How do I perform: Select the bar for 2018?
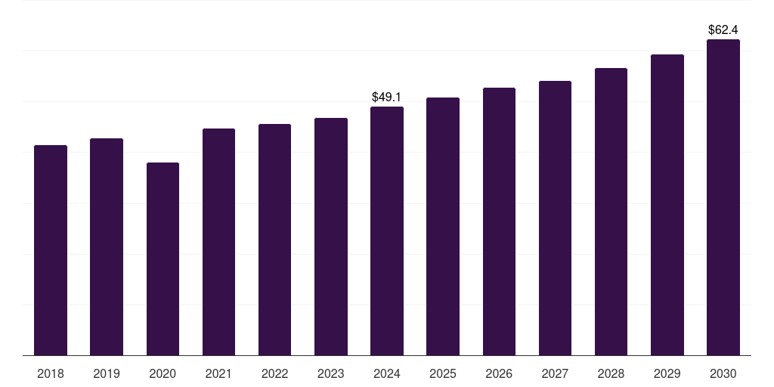(51, 250)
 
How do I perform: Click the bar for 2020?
(163, 259)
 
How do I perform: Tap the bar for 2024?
(387, 231)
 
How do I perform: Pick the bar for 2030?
(723, 197)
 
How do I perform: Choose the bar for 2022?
(274, 240)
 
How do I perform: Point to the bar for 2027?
(555, 218)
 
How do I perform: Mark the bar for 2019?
(107, 247)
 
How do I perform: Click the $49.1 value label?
(386, 98)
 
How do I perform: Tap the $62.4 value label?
(723, 30)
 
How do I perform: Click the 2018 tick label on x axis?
(51, 373)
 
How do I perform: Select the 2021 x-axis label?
(218, 373)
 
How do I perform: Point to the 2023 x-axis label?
(331, 373)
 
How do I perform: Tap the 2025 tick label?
(443, 373)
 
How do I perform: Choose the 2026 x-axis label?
(499, 373)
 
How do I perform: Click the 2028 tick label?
(611, 373)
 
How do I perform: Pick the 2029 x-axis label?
(667, 373)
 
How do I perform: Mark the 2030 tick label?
(723, 373)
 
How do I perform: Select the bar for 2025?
(443, 227)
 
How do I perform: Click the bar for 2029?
(667, 205)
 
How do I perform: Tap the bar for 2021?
(218, 242)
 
